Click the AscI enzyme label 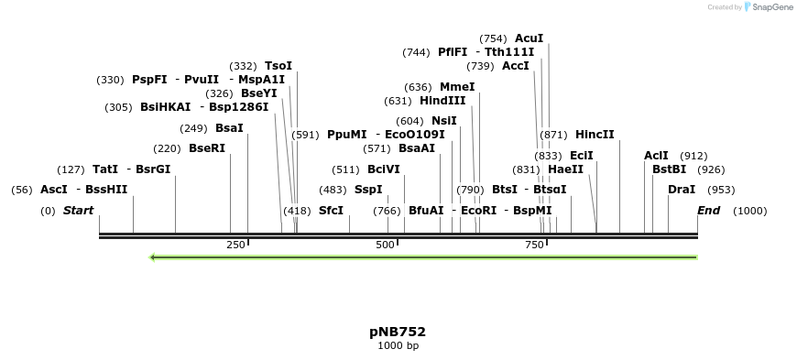(54, 190)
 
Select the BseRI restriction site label (206, 148)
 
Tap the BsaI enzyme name (229, 128)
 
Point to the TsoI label (278, 66)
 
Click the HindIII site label (442, 101)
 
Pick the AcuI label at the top (529, 38)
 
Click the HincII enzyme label (595, 135)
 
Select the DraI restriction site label (682, 190)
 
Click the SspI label (368, 190)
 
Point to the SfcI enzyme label (332, 211)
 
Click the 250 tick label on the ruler (235, 245)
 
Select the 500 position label (385, 245)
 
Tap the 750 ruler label (534, 245)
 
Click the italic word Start (78, 211)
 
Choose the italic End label (708, 211)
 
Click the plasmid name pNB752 (398, 332)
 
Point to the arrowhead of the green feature (153, 257)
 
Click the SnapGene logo (768, 7)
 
